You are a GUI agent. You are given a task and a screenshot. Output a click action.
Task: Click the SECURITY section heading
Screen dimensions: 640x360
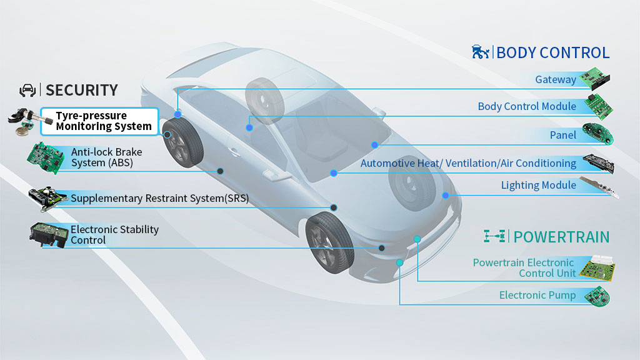click(x=82, y=90)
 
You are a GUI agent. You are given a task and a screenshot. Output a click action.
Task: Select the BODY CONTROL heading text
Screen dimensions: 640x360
click(x=552, y=53)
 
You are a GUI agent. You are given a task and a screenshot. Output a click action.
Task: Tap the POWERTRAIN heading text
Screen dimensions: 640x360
click(x=561, y=237)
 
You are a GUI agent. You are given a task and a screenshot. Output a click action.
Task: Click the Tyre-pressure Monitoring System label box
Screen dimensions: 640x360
click(x=99, y=121)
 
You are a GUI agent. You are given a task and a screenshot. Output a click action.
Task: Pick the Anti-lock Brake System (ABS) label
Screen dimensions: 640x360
click(x=106, y=157)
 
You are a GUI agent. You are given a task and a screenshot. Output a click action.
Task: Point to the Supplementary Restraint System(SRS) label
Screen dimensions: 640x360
click(x=159, y=198)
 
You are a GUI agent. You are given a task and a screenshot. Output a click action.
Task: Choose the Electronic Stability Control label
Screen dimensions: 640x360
click(x=114, y=235)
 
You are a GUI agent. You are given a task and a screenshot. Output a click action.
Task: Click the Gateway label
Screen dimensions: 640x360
click(x=556, y=79)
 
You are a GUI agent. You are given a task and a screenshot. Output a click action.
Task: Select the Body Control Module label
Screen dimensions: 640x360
click(x=527, y=106)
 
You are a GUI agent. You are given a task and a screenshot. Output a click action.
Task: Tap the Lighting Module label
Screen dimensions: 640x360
click(x=538, y=185)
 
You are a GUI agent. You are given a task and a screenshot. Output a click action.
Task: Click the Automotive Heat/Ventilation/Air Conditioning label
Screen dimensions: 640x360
click(x=468, y=163)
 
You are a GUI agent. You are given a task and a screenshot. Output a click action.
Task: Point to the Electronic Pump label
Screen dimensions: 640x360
click(x=537, y=295)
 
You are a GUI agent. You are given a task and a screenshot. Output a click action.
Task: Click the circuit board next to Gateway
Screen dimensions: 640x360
click(x=595, y=78)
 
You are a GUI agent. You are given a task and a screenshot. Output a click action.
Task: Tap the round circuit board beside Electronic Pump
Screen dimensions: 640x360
click(x=597, y=297)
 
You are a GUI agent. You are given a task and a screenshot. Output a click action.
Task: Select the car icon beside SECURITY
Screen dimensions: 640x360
click(x=27, y=90)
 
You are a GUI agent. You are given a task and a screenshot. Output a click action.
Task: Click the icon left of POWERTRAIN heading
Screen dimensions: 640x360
click(x=494, y=236)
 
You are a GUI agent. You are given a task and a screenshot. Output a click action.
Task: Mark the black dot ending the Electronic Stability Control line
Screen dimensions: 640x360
click(x=382, y=248)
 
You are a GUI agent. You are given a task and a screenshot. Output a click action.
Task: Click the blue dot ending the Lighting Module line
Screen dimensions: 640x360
click(x=446, y=196)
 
